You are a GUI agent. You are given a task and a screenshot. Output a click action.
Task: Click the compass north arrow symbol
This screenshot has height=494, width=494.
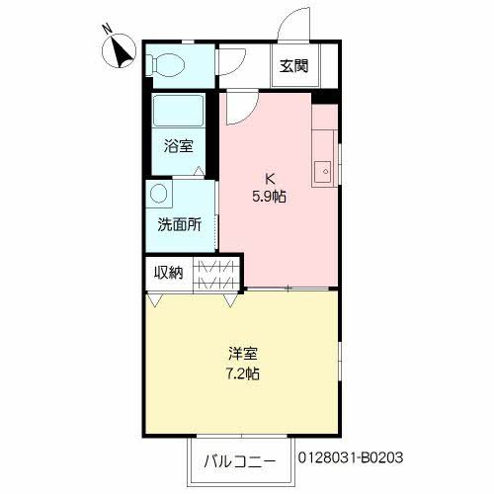coord(122,50)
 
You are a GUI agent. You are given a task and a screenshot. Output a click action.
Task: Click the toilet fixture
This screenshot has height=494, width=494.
coord(165,65)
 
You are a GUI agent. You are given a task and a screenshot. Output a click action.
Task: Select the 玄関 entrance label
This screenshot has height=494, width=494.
coord(293,67)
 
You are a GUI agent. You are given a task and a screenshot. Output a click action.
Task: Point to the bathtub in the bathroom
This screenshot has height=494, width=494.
coord(179,112)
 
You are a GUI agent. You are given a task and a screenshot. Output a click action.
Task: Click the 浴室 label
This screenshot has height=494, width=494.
coord(178,146)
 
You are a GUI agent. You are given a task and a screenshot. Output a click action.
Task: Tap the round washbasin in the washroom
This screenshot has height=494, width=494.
coord(159,195)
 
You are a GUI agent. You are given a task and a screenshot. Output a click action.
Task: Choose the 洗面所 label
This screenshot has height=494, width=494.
coord(179,224)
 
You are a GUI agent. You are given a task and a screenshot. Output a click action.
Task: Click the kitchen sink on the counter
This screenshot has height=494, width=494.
coord(322,172)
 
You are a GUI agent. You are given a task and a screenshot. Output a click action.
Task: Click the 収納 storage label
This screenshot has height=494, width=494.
coord(168,272)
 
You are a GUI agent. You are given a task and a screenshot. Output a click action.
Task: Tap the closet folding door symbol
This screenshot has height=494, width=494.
coord(216,272)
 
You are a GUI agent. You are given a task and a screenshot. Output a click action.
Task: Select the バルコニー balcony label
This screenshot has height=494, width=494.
coord(242,460)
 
